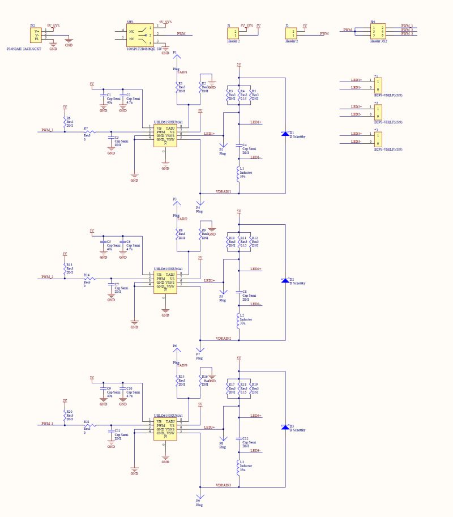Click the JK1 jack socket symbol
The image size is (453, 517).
[37, 35]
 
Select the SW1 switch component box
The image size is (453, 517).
[140, 35]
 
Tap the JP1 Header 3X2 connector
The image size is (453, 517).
[377, 31]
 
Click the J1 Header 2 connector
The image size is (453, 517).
[233, 33]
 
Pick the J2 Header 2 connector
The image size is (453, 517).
[291, 33]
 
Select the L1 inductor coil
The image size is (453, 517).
[239, 172]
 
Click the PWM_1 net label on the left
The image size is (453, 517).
[48, 130]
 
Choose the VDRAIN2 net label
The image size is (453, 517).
[223, 338]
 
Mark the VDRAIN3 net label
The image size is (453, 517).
[223, 485]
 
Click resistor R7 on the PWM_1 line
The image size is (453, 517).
[88, 133]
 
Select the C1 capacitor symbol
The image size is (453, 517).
[103, 97]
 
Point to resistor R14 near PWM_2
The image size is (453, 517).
[88, 279]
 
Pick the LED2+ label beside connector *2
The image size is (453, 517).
[356, 106]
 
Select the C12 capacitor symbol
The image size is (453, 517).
[239, 439]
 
